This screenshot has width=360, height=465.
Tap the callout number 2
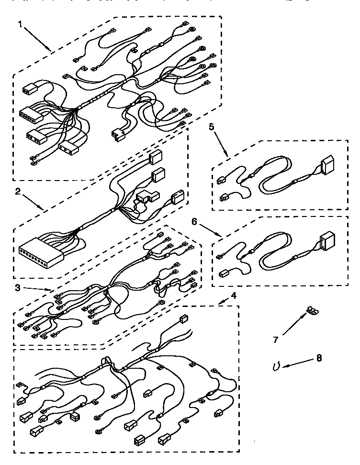pyautogui.click(x=18, y=192)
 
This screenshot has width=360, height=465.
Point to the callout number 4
pyautogui.click(x=233, y=296)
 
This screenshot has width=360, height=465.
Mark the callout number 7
pyautogui.click(x=276, y=340)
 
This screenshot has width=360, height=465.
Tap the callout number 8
pyautogui.click(x=318, y=358)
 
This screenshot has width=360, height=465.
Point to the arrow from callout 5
pyautogui.click(x=221, y=142)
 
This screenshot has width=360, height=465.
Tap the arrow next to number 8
pyautogui.click(x=296, y=363)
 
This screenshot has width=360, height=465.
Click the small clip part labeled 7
pyautogui.click(x=312, y=310)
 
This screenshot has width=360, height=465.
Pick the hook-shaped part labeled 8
pyautogui.click(x=276, y=366)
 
